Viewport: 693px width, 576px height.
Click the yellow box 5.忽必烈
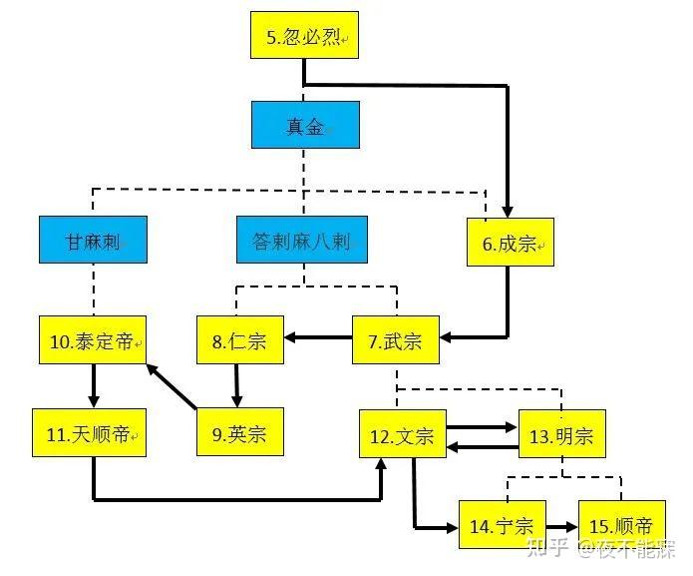tap(302, 39)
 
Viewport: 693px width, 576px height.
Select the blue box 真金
tap(304, 125)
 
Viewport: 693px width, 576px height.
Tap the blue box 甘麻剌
tap(93, 241)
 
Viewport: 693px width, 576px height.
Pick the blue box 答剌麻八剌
tap(301, 241)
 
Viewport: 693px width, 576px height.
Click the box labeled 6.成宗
tap(510, 242)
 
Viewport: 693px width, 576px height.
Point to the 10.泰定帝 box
tap(93, 341)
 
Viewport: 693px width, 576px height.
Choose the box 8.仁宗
tap(239, 341)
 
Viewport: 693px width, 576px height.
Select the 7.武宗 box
tap(395, 341)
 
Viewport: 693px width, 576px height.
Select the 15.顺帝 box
tap(621, 525)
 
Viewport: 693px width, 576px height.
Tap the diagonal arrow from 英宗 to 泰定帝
tap(172, 387)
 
